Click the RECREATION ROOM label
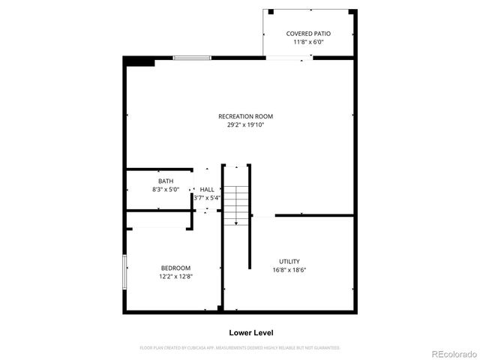(245, 116)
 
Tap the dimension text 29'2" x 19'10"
(245, 124)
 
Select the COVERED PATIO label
(308, 34)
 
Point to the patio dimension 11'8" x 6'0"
(308, 42)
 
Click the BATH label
(165, 181)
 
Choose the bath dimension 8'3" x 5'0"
(165, 190)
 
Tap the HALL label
(207, 190)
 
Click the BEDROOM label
(175, 268)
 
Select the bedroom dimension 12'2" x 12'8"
(175, 276)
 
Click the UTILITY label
(289, 261)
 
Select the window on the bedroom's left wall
(124, 272)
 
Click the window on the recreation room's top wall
(191, 58)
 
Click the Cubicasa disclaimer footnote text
(240, 348)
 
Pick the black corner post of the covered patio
(271, 11)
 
